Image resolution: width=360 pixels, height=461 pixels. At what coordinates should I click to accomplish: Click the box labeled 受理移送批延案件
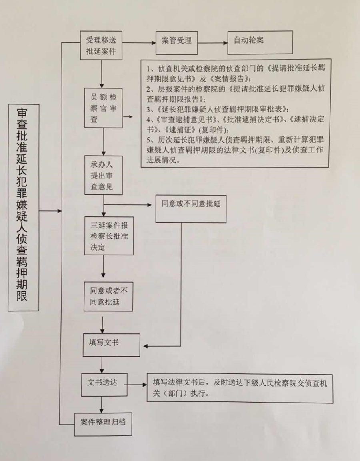[101, 46]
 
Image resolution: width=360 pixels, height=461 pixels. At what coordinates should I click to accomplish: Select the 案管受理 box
[176, 43]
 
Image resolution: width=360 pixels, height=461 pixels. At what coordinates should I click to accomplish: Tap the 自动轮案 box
[260, 43]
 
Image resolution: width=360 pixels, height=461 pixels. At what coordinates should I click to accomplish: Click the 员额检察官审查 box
[104, 108]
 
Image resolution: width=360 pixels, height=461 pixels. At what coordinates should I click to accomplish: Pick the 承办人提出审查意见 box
[104, 175]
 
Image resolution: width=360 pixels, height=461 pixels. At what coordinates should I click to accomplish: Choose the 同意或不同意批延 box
[191, 209]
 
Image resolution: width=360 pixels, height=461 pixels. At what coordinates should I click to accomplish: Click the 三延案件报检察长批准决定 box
[109, 236]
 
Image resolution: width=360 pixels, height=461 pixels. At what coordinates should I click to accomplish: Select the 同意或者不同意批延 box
[108, 297]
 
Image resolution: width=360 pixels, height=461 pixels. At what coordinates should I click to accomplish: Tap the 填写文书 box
[111, 345]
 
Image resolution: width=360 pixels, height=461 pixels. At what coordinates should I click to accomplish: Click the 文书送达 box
[104, 385]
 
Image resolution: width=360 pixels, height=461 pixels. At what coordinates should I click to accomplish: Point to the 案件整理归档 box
[103, 424]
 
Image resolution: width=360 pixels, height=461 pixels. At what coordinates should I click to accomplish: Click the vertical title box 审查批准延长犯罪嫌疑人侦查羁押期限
[23, 208]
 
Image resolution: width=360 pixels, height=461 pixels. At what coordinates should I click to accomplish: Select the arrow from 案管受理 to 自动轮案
[213, 43]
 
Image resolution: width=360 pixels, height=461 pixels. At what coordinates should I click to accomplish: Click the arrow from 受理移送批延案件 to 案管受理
[139, 43]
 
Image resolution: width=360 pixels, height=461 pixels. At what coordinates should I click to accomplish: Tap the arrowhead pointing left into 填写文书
[146, 346]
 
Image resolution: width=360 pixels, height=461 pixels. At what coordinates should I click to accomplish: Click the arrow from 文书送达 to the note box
[136, 385]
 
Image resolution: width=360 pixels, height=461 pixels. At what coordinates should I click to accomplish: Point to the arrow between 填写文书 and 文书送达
[102, 365]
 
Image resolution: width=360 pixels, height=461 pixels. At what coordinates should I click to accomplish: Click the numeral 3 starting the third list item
[148, 110]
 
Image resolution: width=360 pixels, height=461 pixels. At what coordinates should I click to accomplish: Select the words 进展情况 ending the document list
[162, 160]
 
